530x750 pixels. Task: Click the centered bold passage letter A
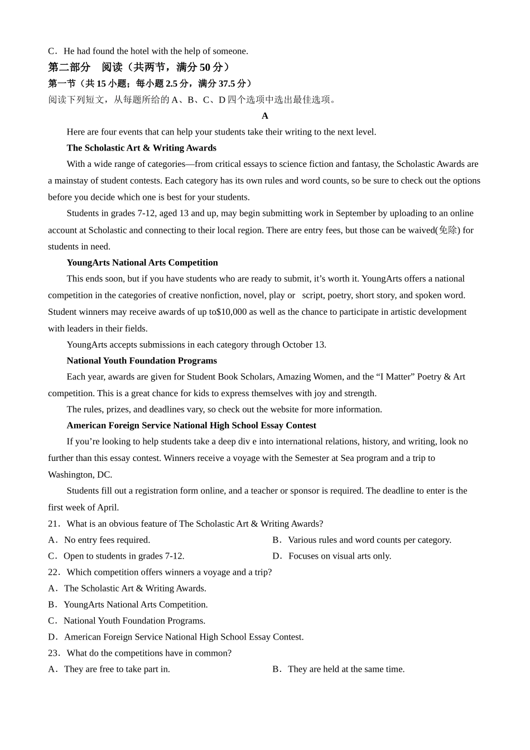point(265,116)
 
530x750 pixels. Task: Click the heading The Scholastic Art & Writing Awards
point(141,148)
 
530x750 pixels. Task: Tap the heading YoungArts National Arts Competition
point(142,262)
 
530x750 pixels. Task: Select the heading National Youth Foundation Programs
point(142,360)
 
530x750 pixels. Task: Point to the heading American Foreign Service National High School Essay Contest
point(191,425)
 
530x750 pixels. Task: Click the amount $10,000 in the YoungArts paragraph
point(231,312)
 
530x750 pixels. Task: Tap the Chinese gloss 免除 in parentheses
point(448,230)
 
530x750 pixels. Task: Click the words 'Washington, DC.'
point(80,474)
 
